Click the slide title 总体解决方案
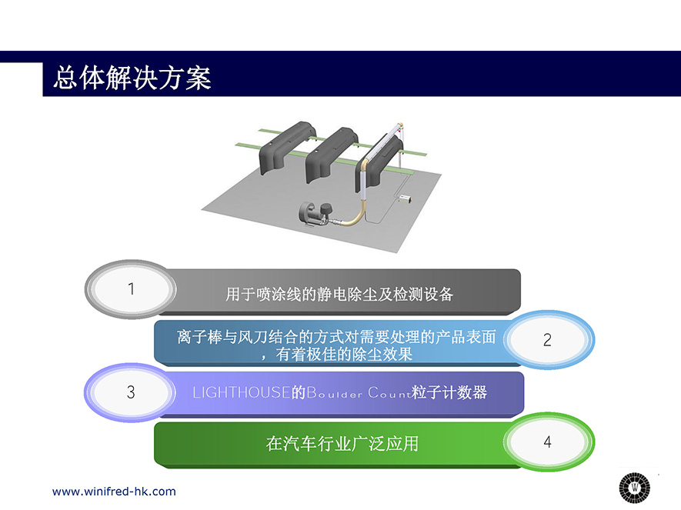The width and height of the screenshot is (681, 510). [x=132, y=78]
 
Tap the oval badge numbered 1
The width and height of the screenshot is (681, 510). [x=131, y=289]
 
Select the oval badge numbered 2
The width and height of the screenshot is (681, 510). [x=548, y=339]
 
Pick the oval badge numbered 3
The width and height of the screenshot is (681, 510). [x=130, y=392]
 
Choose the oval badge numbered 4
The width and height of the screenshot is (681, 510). [x=548, y=442]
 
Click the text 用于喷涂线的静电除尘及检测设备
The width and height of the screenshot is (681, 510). [x=339, y=295]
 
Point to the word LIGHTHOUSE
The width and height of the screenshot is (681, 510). [x=242, y=392]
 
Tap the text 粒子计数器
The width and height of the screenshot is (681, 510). [x=449, y=392]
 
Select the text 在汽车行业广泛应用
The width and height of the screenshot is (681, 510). [x=342, y=444]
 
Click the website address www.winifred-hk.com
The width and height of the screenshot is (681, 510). [x=114, y=492]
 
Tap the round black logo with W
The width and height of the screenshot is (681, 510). [x=635, y=488]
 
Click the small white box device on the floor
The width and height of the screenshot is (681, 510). [x=406, y=198]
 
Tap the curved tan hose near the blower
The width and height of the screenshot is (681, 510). [x=352, y=214]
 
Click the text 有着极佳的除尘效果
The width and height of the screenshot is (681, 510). [x=343, y=355]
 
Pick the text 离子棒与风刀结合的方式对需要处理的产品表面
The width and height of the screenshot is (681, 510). [x=336, y=337]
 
